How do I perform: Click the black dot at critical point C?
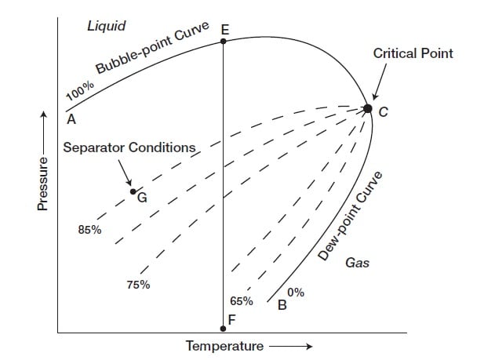click(368, 109)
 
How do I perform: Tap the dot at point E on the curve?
click(224, 42)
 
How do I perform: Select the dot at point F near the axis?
click(224, 329)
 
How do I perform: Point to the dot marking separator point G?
click(133, 191)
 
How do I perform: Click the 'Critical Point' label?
click(413, 54)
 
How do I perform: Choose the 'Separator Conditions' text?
click(129, 147)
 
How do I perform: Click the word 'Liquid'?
click(106, 27)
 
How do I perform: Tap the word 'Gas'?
click(357, 264)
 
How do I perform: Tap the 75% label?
click(138, 285)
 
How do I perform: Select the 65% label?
click(242, 300)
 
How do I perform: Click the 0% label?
click(296, 293)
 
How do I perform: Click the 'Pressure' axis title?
click(44, 184)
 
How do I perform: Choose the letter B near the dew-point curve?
click(282, 306)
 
